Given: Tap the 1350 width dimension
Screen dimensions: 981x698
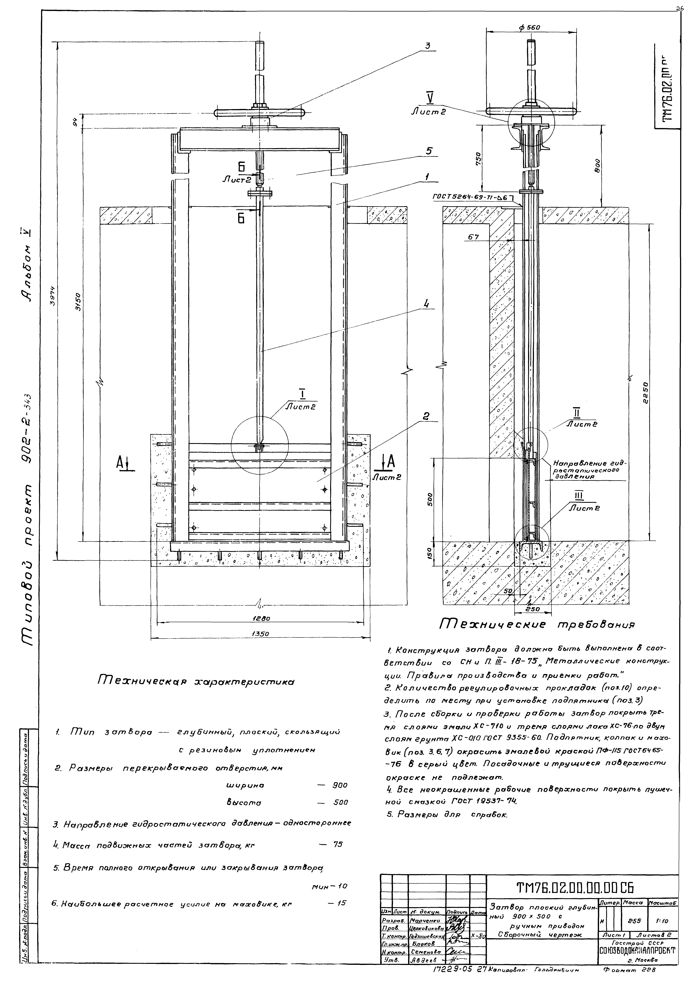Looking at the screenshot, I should (x=260, y=633).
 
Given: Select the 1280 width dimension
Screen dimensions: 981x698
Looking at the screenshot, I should (x=260, y=619).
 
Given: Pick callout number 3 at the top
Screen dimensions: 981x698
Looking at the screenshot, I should (x=428, y=46).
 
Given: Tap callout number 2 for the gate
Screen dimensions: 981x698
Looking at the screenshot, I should (x=426, y=416).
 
